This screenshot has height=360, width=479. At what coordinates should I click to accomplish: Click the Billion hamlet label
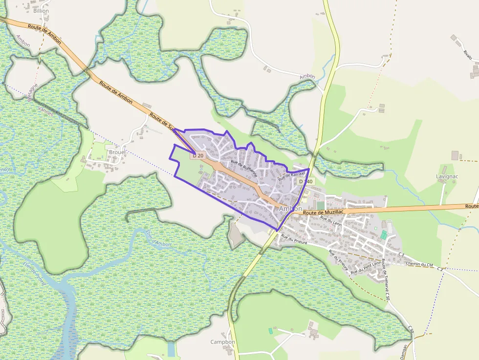[42, 11]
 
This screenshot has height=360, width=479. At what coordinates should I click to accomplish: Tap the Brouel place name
[117, 152]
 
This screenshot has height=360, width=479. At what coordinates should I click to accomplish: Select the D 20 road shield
[198, 155]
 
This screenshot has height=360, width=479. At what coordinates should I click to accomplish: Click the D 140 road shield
[305, 181]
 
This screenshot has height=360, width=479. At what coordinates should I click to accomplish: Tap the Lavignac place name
[447, 176]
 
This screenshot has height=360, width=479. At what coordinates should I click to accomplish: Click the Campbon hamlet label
[222, 342]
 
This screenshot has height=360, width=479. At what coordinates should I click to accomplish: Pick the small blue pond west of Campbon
[171, 349]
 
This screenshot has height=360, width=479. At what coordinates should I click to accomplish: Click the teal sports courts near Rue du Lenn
[384, 235]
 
